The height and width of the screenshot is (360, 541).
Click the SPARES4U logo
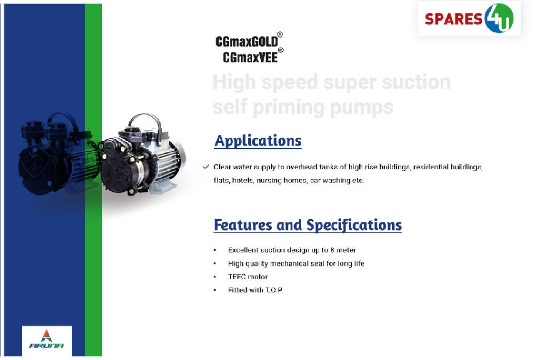coord(469,18)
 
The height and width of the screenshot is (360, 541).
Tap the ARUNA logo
coord(47,339)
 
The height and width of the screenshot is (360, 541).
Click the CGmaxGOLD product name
coord(247,42)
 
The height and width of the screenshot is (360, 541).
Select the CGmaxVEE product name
coord(250,58)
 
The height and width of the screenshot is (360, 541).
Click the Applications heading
coord(258,141)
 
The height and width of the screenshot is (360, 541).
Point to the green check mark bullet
coord(206,166)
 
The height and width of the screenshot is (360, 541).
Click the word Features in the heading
coord(243,225)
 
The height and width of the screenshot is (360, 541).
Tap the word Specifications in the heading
coord(354,226)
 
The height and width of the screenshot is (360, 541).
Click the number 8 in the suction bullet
coord(332,250)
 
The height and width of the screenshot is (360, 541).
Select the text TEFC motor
coord(248,277)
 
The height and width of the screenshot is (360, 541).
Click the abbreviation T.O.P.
coord(274,290)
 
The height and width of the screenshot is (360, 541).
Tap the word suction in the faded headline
coord(416,82)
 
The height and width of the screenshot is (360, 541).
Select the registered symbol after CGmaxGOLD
coord(280,34)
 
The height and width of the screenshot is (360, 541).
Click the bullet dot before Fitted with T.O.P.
coord(215,290)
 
